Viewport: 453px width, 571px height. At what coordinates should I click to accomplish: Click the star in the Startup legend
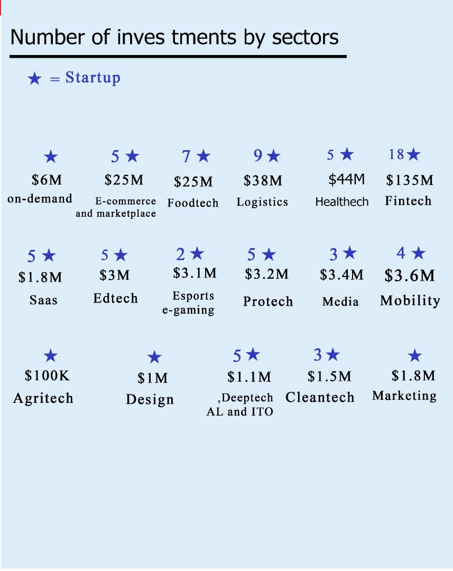click(34, 78)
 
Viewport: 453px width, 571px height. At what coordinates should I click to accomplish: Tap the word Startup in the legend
click(93, 78)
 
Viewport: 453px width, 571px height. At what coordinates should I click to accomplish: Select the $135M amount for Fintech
click(410, 180)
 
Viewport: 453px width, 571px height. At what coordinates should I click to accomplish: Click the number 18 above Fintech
click(396, 154)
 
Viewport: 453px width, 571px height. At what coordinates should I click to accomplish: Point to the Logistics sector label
click(262, 202)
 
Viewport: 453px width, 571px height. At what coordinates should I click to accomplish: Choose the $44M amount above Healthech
click(346, 179)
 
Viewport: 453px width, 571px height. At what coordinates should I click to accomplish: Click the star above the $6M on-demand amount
click(51, 156)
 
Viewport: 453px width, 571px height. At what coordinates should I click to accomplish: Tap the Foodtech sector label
click(193, 203)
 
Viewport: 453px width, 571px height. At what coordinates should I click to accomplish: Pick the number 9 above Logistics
click(258, 155)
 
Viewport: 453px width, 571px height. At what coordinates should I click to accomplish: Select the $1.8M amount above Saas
click(40, 278)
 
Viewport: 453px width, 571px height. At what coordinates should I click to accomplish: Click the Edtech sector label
click(115, 298)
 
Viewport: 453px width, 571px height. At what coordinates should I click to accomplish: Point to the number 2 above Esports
click(180, 254)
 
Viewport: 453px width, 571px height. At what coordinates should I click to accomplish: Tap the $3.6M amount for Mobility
click(410, 275)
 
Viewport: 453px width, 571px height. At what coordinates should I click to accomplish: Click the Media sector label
click(340, 301)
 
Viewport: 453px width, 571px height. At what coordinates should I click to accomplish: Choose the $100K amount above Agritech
click(47, 375)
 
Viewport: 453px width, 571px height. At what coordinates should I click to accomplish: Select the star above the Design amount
click(154, 357)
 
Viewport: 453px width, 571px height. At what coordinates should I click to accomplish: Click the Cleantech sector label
click(320, 397)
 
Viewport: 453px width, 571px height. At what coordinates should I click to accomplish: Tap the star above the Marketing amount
click(415, 355)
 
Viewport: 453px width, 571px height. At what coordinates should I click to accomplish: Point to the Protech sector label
click(268, 301)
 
